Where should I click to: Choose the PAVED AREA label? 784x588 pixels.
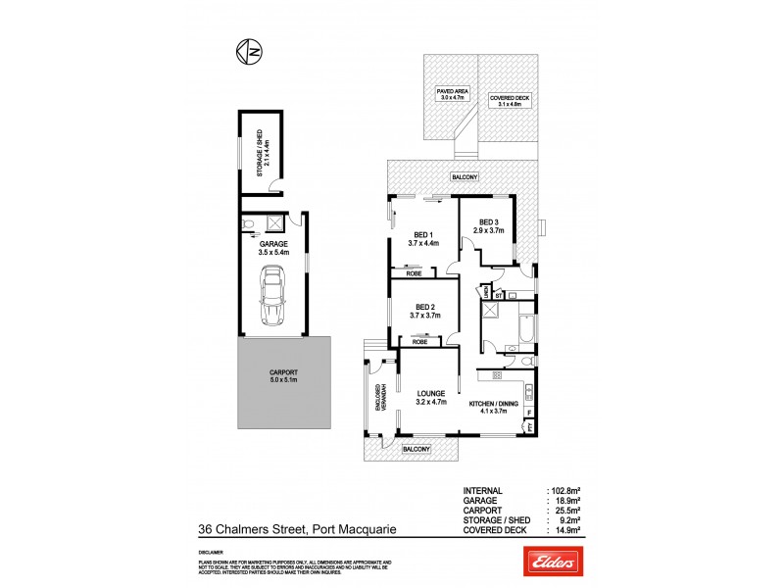(x=454, y=95)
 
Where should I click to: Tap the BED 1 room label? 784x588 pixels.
(x=423, y=239)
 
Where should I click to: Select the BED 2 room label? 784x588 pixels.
(x=423, y=311)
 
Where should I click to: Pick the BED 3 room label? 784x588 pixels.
(x=487, y=226)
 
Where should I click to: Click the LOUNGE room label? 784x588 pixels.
(x=431, y=397)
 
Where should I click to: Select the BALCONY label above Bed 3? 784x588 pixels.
(x=465, y=176)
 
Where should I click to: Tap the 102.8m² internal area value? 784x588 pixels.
(x=564, y=490)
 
